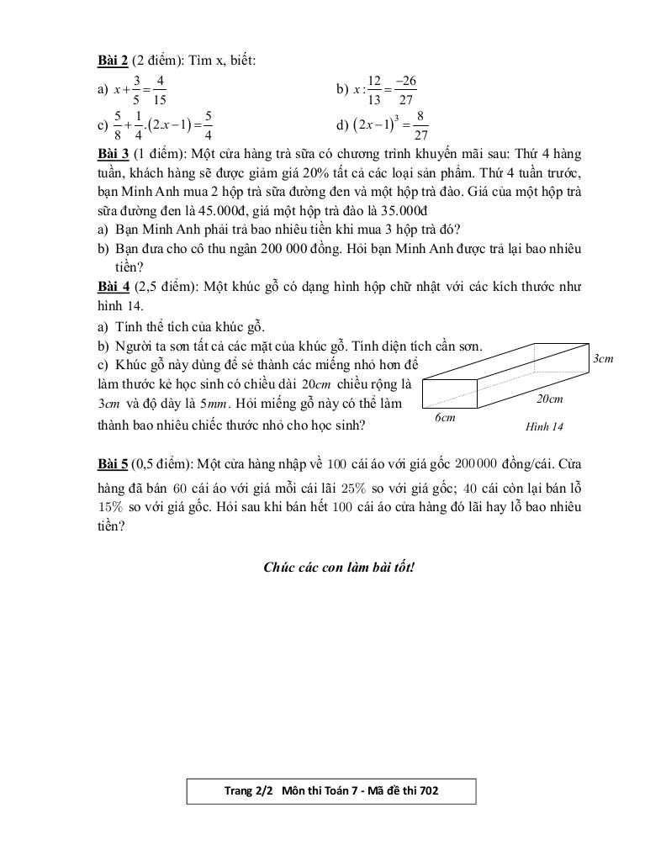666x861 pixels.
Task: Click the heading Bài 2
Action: click(x=113, y=60)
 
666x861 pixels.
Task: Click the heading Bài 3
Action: click(x=113, y=155)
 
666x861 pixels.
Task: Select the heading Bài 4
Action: click(x=113, y=287)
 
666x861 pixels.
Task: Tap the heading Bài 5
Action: click(x=113, y=464)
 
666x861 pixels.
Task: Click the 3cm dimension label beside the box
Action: click(x=603, y=359)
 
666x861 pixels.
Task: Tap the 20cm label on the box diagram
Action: click(x=550, y=399)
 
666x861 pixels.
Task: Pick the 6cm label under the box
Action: click(x=445, y=417)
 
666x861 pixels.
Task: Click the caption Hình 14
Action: click(x=544, y=427)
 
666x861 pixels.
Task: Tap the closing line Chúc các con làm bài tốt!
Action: click(x=339, y=567)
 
